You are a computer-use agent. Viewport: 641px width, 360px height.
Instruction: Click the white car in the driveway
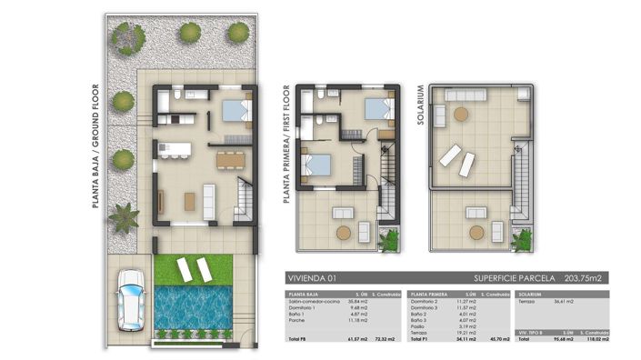[x=129, y=300]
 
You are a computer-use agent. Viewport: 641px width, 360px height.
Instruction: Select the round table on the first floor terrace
[x=344, y=232]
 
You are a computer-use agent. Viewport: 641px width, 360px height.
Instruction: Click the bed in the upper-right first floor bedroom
[x=378, y=109]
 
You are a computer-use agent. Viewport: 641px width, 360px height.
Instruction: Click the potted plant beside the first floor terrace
[x=390, y=241]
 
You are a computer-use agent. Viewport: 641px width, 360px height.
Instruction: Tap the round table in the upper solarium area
[x=461, y=115]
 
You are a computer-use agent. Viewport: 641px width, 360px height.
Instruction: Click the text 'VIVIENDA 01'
[x=312, y=278]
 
